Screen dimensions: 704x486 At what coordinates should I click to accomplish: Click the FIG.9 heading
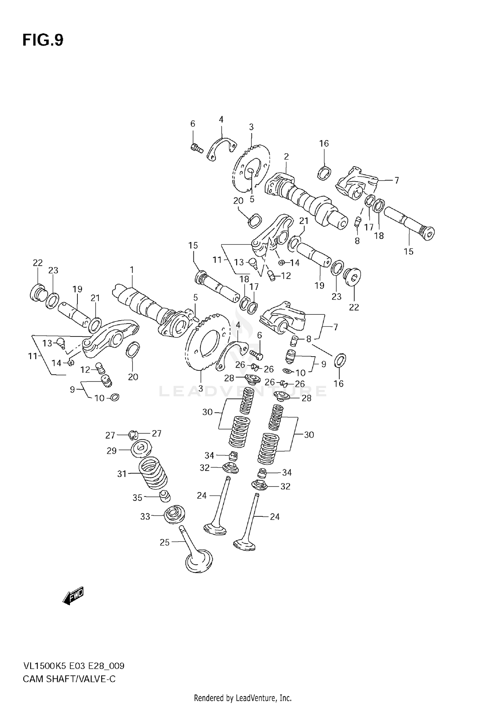click(43, 41)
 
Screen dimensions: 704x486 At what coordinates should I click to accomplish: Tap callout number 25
click(165, 542)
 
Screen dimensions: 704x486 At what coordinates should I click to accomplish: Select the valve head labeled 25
click(199, 560)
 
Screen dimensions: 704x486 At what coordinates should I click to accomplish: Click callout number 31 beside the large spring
click(122, 474)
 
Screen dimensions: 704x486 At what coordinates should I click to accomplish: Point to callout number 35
click(137, 498)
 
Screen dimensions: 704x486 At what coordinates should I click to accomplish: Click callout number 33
click(145, 516)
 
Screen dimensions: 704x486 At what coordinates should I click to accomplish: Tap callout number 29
click(111, 451)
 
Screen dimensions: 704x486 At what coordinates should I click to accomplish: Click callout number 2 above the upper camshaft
click(286, 157)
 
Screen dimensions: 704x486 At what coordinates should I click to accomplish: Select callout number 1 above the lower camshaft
click(132, 270)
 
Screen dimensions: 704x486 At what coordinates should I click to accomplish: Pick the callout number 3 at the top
click(251, 127)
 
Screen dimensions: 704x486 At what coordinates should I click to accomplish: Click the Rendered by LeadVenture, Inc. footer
click(243, 698)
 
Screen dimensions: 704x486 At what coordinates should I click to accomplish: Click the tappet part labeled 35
click(165, 496)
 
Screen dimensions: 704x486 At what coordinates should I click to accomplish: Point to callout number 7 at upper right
click(397, 180)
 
